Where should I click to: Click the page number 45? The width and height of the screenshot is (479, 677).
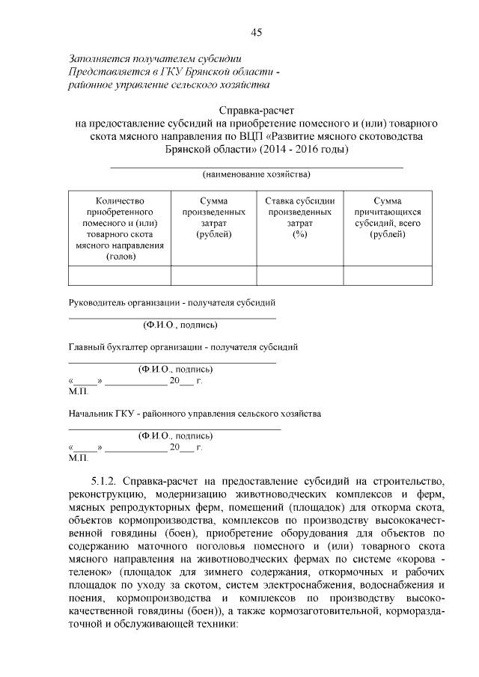pyautogui.click(x=256, y=31)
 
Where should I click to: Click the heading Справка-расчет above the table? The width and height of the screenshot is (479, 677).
pyautogui.click(x=257, y=109)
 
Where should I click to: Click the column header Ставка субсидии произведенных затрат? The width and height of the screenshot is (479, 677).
pyautogui.click(x=300, y=217)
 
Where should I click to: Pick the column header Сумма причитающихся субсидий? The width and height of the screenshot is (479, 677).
pyautogui.click(x=388, y=217)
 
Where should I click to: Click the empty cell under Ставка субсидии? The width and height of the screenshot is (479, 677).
pyautogui.click(x=300, y=275)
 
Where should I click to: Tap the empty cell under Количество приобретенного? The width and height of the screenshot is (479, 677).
pyautogui.click(x=120, y=275)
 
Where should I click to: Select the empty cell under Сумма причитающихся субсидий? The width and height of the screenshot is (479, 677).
pyautogui.click(x=388, y=275)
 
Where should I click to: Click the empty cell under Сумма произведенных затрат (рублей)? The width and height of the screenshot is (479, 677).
pyautogui.click(x=213, y=275)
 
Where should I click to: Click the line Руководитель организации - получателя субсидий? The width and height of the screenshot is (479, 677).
pyautogui.click(x=172, y=303)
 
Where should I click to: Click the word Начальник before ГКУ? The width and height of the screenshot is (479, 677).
pyautogui.click(x=91, y=413)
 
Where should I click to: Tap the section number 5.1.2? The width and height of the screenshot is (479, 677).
pyautogui.click(x=103, y=479)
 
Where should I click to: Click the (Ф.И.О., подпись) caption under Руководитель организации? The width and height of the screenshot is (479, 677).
pyautogui.click(x=180, y=325)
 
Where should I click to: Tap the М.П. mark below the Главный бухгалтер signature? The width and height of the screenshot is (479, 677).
pyautogui.click(x=78, y=391)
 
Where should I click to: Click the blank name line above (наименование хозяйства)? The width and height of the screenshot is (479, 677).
pyautogui.click(x=257, y=166)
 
